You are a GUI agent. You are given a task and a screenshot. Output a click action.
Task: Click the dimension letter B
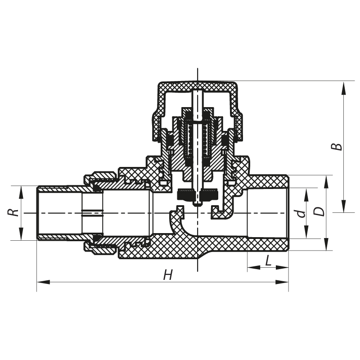[336, 147]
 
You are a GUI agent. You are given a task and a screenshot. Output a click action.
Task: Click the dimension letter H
[168, 275]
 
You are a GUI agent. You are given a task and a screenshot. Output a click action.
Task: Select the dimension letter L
[268, 261]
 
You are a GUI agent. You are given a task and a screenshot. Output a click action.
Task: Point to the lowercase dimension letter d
[302, 213]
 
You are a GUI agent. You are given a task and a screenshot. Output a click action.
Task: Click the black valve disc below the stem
[198, 195]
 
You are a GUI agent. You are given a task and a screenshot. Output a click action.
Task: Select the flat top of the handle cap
[198, 85]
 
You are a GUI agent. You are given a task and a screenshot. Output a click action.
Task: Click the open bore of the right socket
[268, 212]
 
